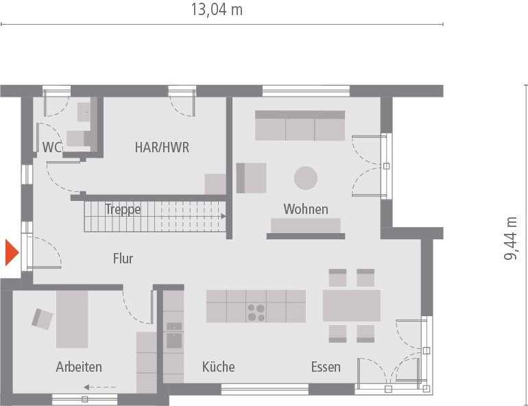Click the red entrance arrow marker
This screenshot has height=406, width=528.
tap(11, 252)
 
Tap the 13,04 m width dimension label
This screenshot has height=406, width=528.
tap(216, 10)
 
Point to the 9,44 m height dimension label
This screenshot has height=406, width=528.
tap(511, 238)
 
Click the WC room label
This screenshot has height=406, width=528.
tap(51, 147)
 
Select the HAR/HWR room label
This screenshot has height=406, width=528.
tap(162, 147)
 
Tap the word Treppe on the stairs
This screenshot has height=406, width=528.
tap(123, 209)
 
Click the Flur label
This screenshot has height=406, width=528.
tap(123, 259)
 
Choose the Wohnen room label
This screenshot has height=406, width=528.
tap(306, 209)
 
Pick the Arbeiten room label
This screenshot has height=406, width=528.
tap(79, 367)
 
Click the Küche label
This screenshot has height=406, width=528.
tap(218, 367)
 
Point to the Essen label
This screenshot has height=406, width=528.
tap(326, 367)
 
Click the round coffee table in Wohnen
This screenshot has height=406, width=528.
tap(306, 178)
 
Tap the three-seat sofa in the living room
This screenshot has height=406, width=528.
tap(300, 126)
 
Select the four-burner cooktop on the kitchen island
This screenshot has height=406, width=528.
tap(256, 312)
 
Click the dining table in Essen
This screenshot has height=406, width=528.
tap(351, 305)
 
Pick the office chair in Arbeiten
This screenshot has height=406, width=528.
tap(43, 318)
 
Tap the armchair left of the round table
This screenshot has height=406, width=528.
tap(252, 178)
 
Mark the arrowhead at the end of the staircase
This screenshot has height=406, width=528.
tap(224, 216)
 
